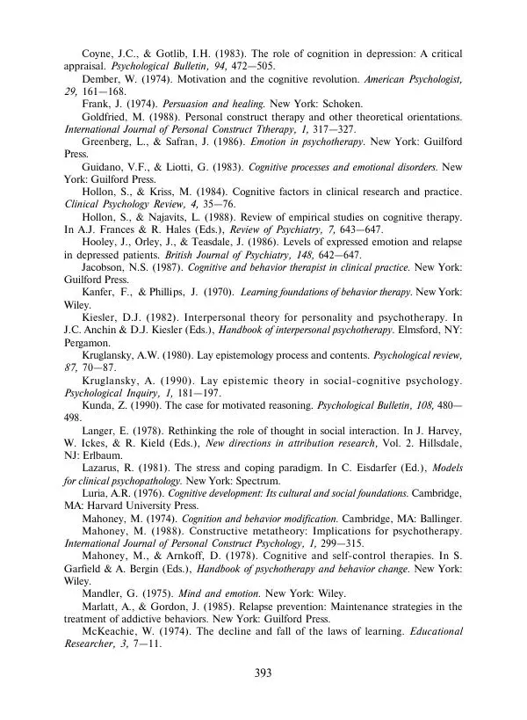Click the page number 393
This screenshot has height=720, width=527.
[x=263, y=673]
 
